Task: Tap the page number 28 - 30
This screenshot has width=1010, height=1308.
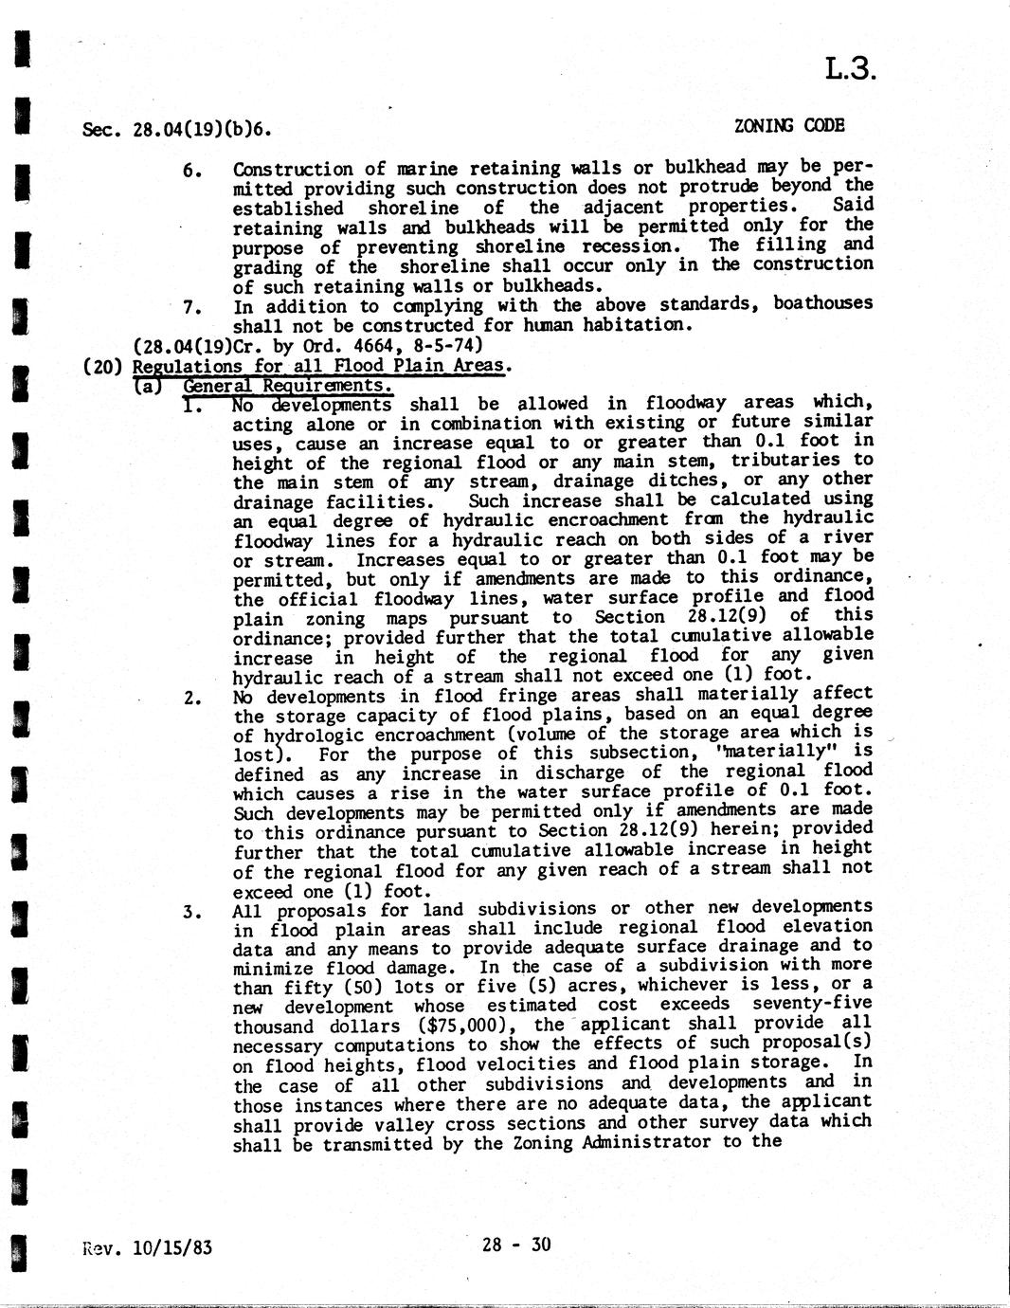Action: (515, 1244)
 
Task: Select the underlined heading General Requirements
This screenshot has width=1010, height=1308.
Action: (287, 386)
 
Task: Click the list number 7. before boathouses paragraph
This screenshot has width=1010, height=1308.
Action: (191, 307)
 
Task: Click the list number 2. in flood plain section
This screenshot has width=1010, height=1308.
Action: (191, 699)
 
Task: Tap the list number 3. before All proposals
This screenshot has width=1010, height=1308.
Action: (191, 912)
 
